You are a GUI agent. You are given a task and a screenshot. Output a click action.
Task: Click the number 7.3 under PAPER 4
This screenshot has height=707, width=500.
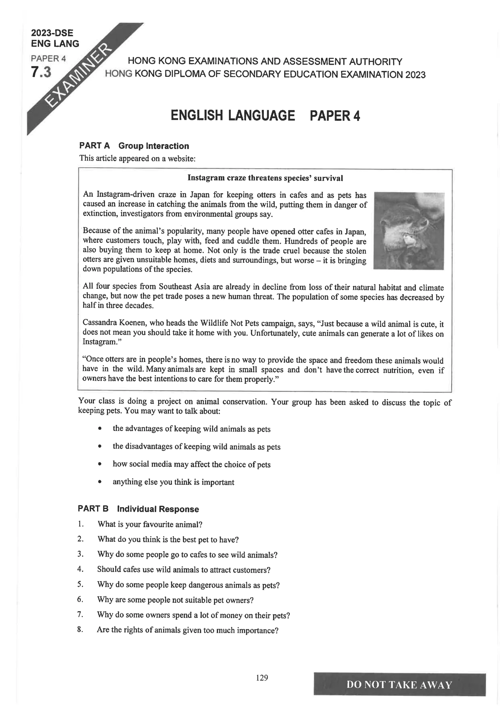41,72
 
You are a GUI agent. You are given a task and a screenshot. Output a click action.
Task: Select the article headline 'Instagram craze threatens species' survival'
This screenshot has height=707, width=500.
265,178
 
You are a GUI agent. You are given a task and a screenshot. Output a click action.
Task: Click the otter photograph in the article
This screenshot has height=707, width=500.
409,231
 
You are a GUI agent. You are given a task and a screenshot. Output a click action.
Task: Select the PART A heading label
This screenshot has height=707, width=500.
94,146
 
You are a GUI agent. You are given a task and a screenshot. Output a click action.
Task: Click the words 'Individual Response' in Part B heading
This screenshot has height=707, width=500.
158,509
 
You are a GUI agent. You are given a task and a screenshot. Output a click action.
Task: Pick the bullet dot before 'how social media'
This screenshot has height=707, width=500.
99,464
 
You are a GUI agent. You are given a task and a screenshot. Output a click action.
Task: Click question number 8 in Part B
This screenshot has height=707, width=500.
80,629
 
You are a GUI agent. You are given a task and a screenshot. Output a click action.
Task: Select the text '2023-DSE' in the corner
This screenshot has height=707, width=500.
52,33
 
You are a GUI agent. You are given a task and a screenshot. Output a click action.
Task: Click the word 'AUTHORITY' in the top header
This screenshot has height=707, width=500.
375,62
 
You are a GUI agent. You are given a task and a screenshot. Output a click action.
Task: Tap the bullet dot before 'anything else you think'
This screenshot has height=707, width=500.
99,482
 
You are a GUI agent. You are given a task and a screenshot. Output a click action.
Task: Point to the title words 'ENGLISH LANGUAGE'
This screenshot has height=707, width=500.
233,116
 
